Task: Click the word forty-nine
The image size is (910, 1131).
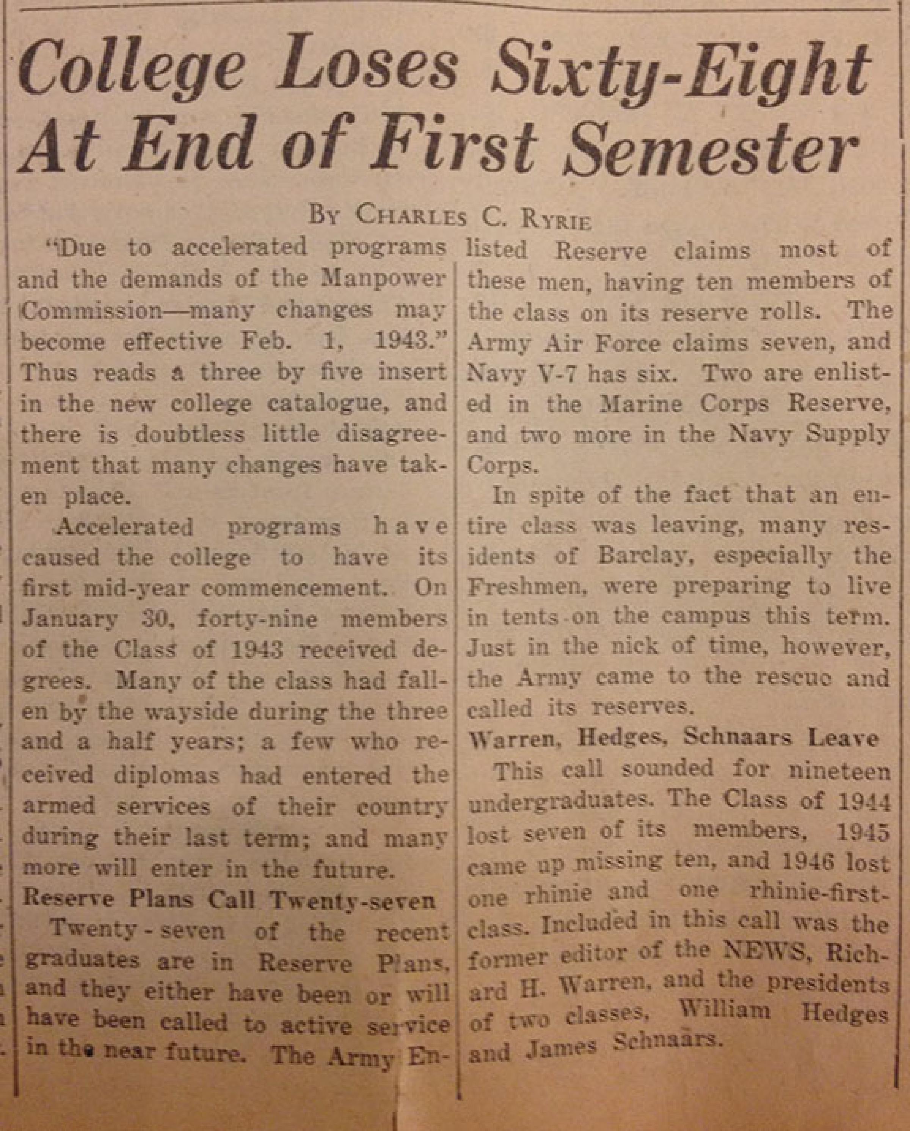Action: pyautogui.click(x=257, y=620)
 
